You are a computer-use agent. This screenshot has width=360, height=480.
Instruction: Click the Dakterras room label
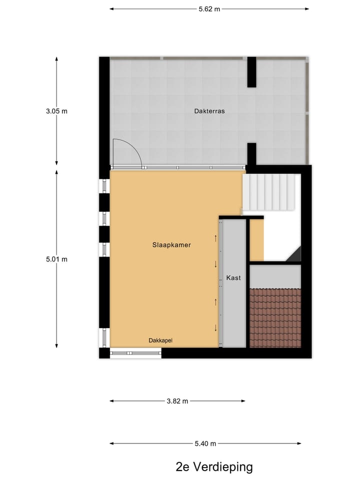(x=209, y=111)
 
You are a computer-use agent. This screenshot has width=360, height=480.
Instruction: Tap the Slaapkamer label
(x=171, y=245)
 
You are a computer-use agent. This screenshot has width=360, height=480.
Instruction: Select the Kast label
(x=233, y=277)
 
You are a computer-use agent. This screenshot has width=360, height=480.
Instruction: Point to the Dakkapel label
(x=160, y=340)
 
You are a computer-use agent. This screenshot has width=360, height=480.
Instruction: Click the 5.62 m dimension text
(x=209, y=9)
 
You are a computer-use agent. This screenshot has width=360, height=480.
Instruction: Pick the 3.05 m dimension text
(x=56, y=111)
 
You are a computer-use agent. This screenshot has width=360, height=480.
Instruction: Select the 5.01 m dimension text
(x=56, y=259)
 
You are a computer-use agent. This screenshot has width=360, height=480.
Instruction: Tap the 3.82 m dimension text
(x=177, y=401)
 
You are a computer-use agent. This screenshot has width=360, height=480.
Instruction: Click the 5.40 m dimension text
(x=205, y=443)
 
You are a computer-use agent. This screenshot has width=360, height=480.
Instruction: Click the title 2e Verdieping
(x=214, y=467)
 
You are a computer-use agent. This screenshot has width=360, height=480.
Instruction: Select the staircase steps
(x=271, y=192)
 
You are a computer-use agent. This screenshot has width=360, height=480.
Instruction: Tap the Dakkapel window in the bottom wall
(x=135, y=353)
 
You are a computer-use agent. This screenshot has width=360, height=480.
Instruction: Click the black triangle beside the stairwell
(x=295, y=254)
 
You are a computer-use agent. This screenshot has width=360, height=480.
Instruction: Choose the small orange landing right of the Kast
(x=256, y=240)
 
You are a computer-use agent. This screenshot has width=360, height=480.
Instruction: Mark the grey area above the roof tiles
(x=275, y=276)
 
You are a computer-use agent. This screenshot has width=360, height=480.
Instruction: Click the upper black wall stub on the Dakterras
(x=251, y=72)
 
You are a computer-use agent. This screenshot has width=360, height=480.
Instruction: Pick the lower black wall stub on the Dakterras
(x=251, y=154)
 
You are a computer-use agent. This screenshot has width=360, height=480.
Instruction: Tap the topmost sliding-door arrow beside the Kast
(x=216, y=238)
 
